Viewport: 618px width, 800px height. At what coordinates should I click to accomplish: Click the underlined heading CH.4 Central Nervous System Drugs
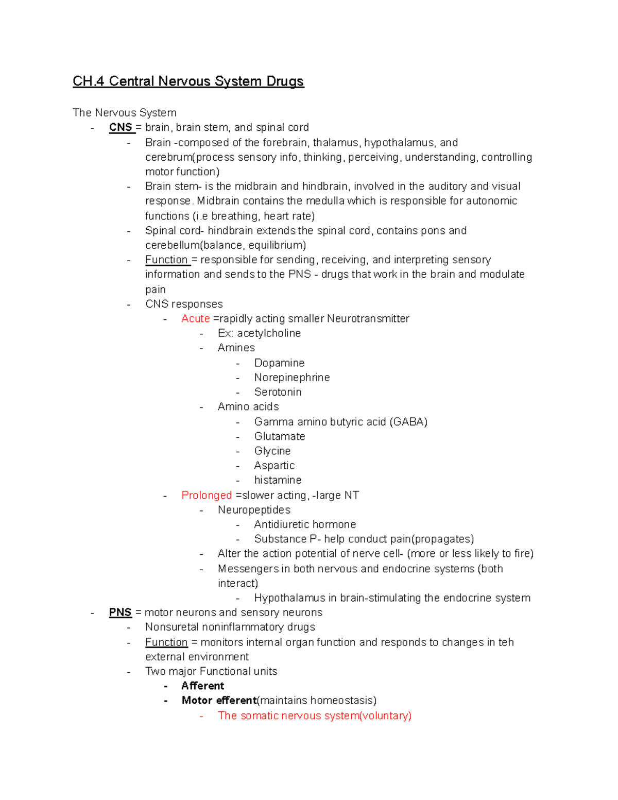pyautogui.click(x=188, y=81)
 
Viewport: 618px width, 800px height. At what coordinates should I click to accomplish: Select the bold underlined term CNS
pyautogui.click(x=121, y=127)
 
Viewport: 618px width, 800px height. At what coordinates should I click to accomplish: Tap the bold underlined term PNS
pyautogui.click(x=121, y=612)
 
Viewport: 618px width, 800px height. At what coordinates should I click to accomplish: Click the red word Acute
pyautogui.click(x=195, y=318)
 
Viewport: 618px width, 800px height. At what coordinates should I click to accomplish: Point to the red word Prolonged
pyautogui.click(x=207, y=495)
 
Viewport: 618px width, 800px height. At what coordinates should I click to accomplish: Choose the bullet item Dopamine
pyautogui.click(x=279, y=363)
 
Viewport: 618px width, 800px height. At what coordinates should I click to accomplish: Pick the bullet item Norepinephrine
pyautogui.click(x=291, y=377)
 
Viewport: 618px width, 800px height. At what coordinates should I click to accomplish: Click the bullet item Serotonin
pyautogui.click(x=278, y=392)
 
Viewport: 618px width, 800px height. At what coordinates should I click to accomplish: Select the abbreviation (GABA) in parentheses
pyautogui.click(x=408, y=422)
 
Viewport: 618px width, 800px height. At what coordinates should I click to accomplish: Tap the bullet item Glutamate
pyautogui.click(x=280, y=436)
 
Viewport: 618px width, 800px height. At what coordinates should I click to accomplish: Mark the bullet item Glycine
pyautogui.click(x=272, y=451)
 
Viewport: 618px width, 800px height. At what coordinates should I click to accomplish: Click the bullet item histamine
pyautogui.click(x=278, y=480)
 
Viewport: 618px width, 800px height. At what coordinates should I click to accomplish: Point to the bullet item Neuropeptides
pyautogui.click(x=254, y=509)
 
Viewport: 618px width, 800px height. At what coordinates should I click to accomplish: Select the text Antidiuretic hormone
pyautogui.click(x=305, y=524)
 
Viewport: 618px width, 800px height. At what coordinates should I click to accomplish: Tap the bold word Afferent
pyautogui.click(x=203, y=686)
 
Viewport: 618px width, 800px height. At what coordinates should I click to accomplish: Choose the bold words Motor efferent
pyautogui.click(x=219, y=701)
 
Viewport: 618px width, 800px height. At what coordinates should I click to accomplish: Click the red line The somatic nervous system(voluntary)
pyautogui.click(x=314, y=716)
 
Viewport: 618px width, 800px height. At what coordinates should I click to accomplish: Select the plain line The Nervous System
pyautogui.click(x=125, y=112)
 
